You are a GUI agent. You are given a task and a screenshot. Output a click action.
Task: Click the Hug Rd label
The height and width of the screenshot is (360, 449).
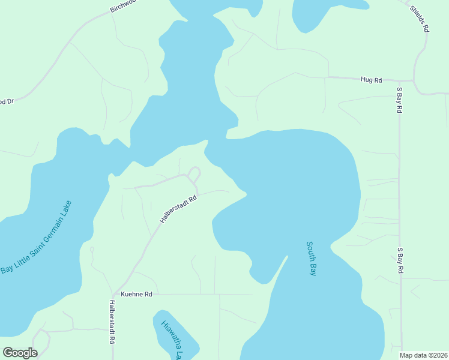pos(371,79)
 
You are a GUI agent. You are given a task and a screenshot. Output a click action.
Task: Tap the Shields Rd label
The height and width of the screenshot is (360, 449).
pos(420,18)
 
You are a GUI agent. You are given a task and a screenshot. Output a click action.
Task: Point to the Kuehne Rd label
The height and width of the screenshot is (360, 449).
pos(137,295)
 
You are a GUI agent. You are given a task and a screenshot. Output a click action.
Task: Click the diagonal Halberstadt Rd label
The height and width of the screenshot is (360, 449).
pos(178,209)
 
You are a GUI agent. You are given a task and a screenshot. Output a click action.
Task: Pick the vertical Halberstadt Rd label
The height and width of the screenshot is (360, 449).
pos(112,322)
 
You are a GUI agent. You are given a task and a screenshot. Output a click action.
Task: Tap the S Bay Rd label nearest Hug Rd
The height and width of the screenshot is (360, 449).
pos(399,101)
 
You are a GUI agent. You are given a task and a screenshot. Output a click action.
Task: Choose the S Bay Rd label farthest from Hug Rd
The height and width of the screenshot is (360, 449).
pos(399,260)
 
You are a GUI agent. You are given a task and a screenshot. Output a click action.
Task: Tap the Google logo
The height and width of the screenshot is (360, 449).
pos(20,353)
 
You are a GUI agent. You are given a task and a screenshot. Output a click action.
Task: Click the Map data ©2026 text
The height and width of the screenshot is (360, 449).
pos(424,355)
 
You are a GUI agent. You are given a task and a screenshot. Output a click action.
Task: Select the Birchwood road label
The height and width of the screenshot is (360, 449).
pos(123,7)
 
